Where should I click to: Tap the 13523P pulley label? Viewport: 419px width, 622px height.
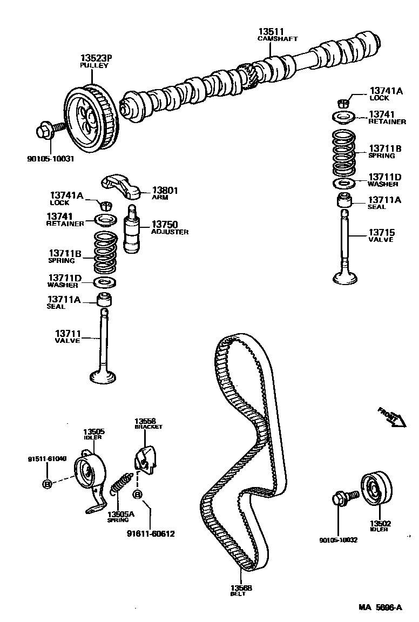(x=96, y=58)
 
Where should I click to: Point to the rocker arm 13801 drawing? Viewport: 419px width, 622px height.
(x=123, y=186)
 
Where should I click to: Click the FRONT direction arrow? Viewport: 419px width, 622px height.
(x=391, y=417)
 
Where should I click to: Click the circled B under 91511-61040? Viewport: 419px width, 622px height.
(x=47, y=483)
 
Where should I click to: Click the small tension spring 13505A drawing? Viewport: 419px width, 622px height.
(x=122, y=482)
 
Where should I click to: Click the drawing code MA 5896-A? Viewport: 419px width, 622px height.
(x=380, y=607)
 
